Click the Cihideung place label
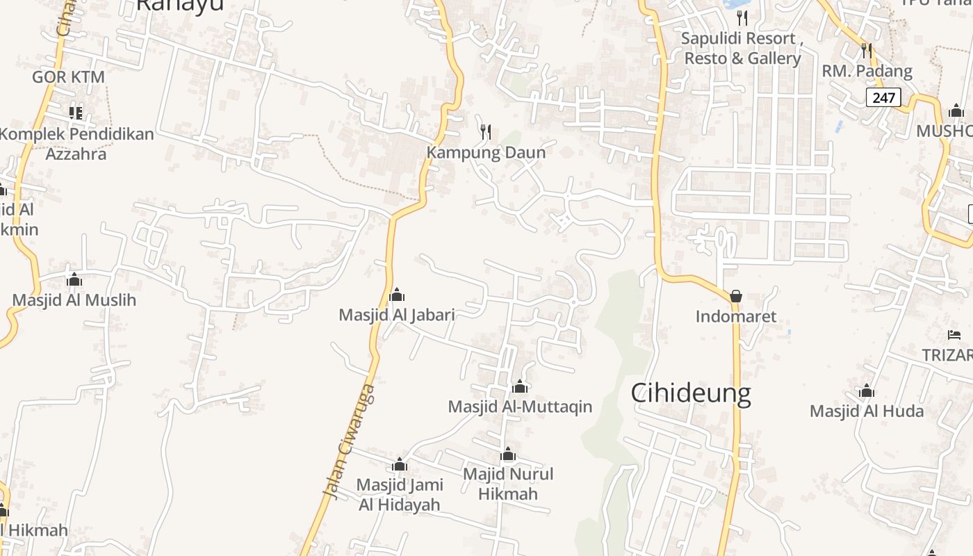click(691, 393)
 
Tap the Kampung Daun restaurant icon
click(486, 131)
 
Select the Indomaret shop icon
click(736, 296)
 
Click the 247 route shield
click(883, 97)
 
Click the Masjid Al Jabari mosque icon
click(397, 295)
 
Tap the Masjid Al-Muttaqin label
click(520, 407)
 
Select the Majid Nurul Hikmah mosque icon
click(508, 455)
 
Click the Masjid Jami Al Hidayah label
click(399, 494)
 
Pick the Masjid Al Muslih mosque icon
click(74, 279)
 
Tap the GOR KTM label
click(68, 77)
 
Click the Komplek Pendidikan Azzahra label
click(76, 144)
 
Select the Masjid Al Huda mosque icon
click(866, 391)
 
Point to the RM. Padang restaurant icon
click(866, 50)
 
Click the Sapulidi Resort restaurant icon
click(742, 17)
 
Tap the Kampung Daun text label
click(486, 152)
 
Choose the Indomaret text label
click(736, 317)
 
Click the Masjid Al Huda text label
click(866, 411)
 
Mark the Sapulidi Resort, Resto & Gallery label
click(742, 49)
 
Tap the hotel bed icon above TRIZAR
click(954, 335)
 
